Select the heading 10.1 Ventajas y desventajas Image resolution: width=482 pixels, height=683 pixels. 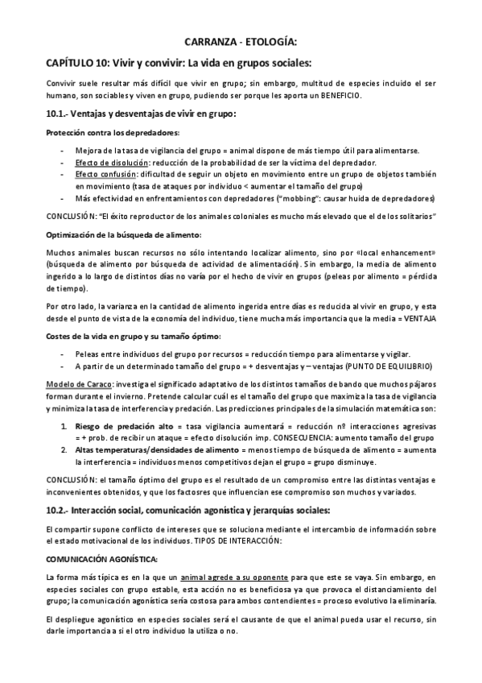142,114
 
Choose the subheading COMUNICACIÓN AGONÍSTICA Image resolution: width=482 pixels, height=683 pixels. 101,559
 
